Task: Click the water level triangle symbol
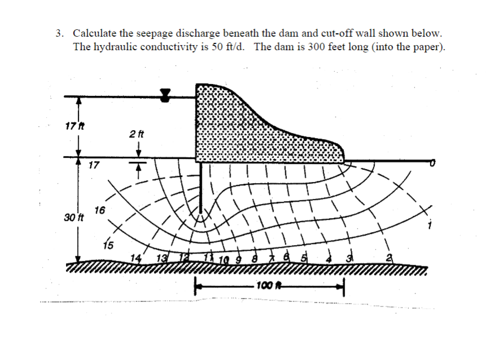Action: [165, 95]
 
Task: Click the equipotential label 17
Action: [94, 165]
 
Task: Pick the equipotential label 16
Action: [100, 210]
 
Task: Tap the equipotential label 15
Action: [108, 245]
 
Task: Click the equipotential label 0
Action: [433, 163]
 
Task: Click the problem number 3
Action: [59, 34]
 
